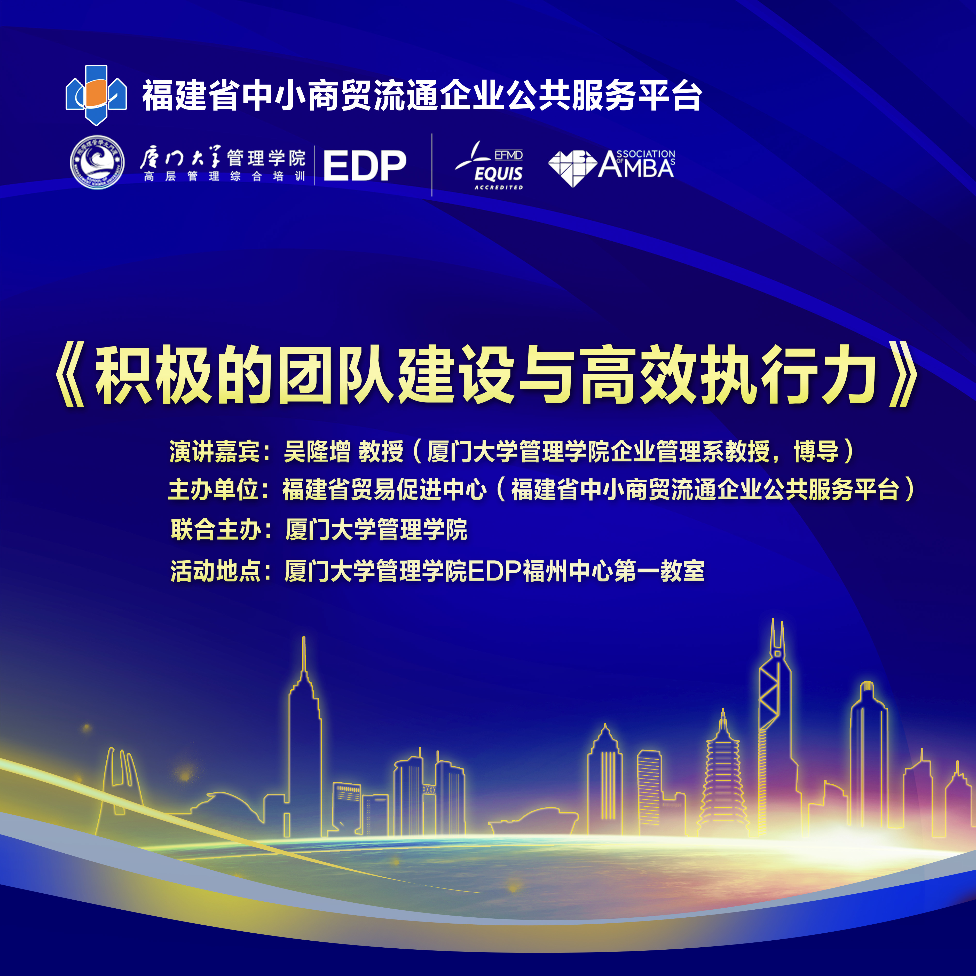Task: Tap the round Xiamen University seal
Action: (x=98, y=162)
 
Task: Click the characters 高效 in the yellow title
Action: (x=641, y=375)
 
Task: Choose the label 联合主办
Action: (x=216, y=529)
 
